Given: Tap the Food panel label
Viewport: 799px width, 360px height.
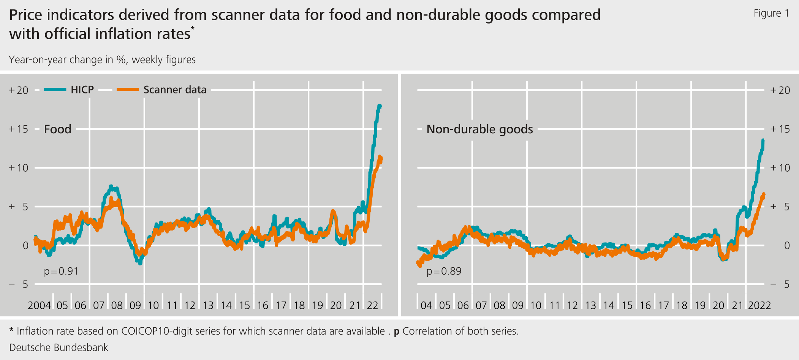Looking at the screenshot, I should [x=58, y=129].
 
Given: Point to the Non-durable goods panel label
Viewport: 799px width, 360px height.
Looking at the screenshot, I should [x=479, y=129].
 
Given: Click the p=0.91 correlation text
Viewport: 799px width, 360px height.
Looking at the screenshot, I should [x=61, y=271].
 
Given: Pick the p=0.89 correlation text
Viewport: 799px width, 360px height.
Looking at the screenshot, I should [x=444, y=271].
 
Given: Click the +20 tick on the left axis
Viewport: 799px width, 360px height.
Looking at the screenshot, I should [x=19, y=90].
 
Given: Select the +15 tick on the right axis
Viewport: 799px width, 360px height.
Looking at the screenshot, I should [x=780, y=129].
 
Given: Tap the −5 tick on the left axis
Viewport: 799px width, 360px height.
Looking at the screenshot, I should [x=19, y=284].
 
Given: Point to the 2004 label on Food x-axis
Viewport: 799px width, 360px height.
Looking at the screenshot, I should [x=39, y=305].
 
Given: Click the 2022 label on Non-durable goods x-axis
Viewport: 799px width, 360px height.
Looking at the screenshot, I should [x=759, y=305].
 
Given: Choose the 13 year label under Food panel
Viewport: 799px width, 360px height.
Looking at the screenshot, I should [x=208, y=305].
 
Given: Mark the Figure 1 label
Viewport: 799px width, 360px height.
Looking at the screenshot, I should [x=771, y=13].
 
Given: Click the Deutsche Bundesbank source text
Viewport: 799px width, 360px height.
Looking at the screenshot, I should [x=59, y=347].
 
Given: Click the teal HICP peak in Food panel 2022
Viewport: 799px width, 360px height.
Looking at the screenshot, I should [x=379, y=106].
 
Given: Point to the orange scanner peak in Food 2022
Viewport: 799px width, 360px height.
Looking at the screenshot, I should [x=380, y=157].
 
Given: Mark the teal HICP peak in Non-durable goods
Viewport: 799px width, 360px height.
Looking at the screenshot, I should [x=763, y=141].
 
